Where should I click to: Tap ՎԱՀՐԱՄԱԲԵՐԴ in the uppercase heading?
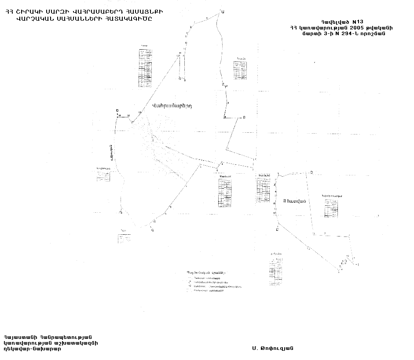tap(84, 11)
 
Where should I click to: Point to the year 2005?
tap(351, 27)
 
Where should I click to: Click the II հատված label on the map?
tap(295, 201)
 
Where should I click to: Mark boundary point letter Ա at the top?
tap(223, 12)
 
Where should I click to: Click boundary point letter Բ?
tap(244, 117)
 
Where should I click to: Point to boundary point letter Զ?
tap(152, 229)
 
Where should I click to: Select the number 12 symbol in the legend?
tap(189, 286)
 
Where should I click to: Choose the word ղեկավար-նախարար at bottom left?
tap(33, 349)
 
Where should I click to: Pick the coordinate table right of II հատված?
tap(332, 208)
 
